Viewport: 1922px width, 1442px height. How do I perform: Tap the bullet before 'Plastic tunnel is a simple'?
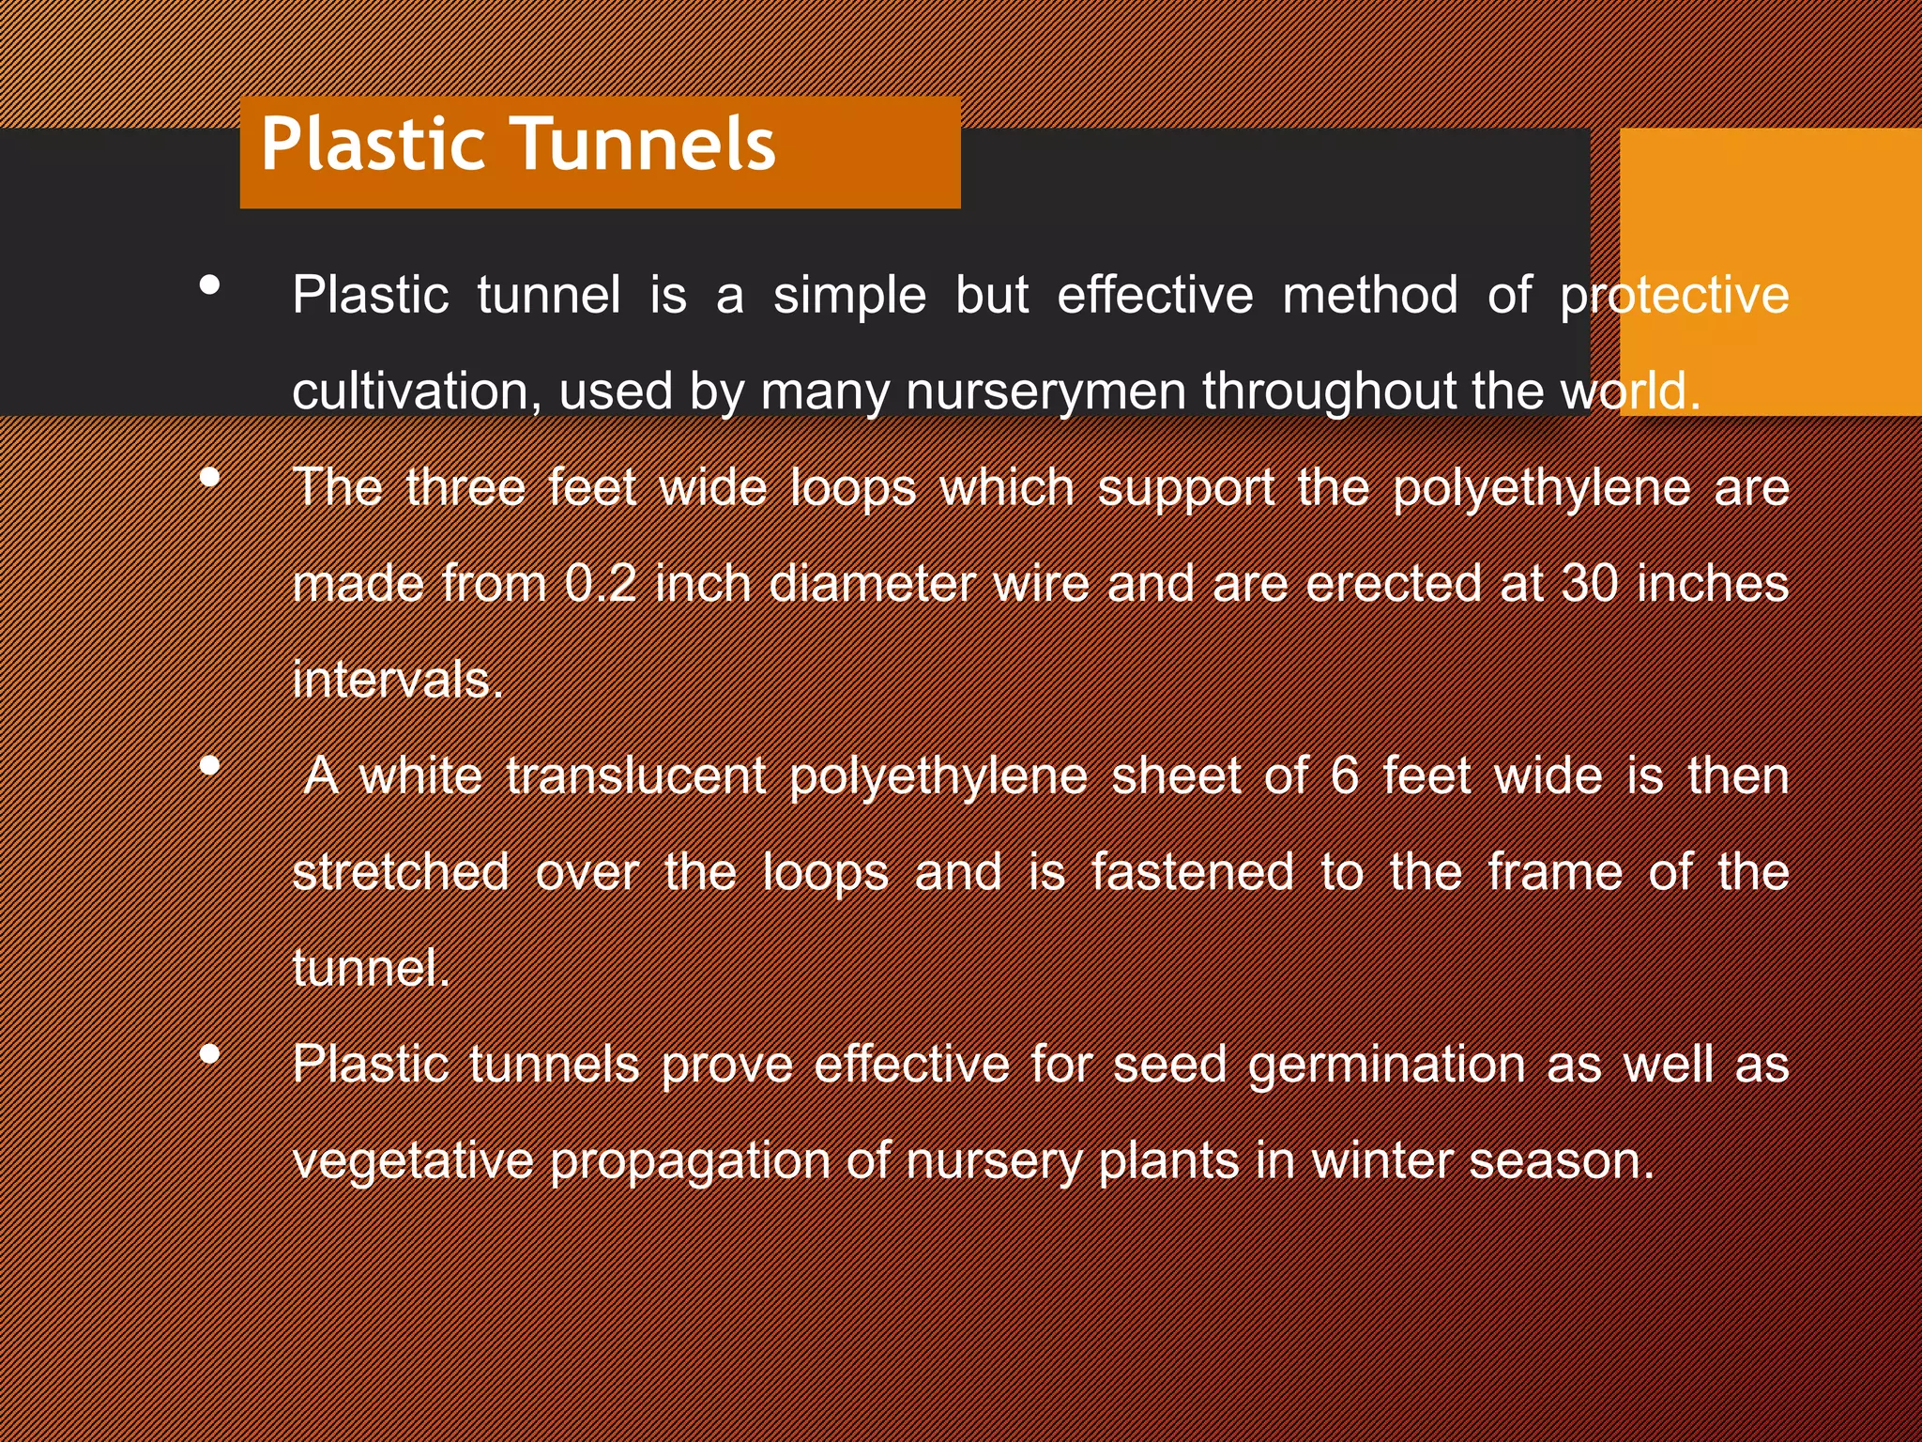210,284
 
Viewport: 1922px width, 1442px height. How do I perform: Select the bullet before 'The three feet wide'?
210,477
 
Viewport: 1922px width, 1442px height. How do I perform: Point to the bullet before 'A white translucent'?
210,765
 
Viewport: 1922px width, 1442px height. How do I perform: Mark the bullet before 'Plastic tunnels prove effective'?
210,1054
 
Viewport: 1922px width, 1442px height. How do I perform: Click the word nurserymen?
1046,392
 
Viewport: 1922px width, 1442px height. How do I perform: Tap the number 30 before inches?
1590,583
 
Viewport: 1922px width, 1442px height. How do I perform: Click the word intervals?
397,680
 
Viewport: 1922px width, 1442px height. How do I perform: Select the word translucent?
635,775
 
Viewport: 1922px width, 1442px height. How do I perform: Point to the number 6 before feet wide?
1344,775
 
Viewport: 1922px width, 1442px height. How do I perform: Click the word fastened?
1192,872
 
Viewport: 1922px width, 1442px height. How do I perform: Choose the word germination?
1387,1065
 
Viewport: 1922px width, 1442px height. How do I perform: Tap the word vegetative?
413,1161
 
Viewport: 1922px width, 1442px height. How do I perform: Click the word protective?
1674,295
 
